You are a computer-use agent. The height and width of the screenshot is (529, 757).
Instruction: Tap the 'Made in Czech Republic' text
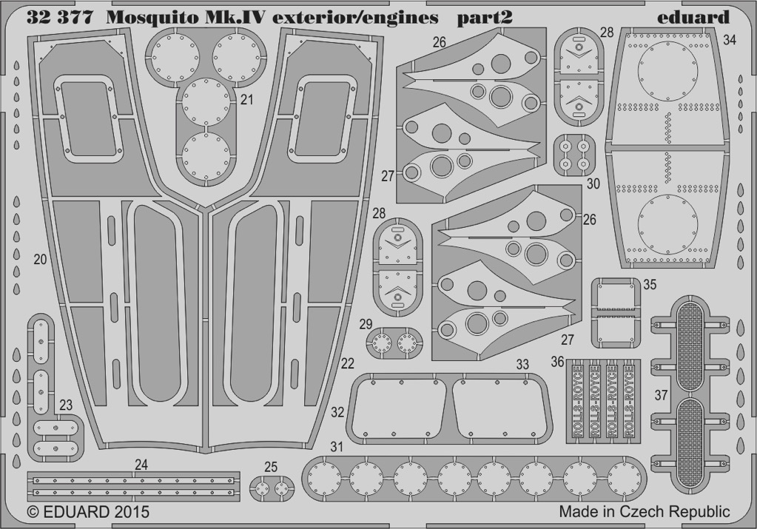[645, 511]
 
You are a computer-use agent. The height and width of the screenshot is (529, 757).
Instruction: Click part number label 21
[246, 100]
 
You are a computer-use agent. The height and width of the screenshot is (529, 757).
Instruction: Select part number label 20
[40, 260]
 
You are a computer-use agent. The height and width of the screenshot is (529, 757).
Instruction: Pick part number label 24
[141, 465]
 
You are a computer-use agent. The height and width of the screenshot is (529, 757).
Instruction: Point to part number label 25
[271, 467]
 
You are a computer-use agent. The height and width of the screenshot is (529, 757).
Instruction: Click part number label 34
[730, 41]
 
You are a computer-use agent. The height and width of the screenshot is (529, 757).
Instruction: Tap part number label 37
[661, 395]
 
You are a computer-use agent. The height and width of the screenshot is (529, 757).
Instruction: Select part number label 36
[558, 362]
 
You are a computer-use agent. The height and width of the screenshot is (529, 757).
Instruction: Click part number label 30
[593, 184]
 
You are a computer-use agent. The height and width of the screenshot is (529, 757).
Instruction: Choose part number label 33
[522, 365]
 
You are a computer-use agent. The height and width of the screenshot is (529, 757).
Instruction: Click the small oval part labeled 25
[272, 489]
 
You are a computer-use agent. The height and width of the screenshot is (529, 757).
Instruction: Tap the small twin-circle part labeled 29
[394, 343]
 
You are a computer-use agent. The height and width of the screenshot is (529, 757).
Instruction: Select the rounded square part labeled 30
[574, 154]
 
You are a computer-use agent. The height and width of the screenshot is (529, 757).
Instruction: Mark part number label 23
[66, 405]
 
